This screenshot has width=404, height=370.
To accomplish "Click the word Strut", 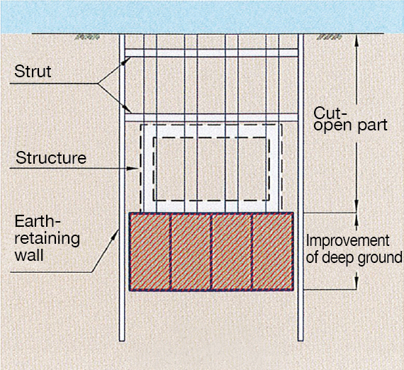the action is [33, 71].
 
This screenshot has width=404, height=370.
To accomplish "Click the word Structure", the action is [51, 157].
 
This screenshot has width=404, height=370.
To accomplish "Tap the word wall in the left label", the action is [29, 255].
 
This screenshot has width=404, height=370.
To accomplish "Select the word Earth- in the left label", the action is [38, 221].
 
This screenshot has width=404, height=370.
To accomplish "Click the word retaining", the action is [47, 239].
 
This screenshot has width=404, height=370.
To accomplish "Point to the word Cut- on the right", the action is [330, 113].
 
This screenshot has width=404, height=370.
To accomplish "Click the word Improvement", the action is [347, 241].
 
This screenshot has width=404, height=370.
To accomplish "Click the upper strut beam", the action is [211, 53].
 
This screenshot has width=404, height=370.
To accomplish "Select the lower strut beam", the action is [211, 118].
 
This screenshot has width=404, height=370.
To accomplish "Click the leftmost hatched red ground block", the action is [150, 252].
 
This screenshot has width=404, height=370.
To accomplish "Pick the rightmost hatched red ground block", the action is [273, 252].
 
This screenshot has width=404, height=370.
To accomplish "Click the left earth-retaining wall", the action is [122, 187].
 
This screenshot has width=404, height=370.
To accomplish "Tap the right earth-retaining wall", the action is [301, 187].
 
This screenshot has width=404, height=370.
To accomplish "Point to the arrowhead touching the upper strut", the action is [128, 60].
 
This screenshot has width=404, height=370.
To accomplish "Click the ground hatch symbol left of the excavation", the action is [87, 37].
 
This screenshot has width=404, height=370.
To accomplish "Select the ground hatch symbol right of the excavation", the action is [330, 37].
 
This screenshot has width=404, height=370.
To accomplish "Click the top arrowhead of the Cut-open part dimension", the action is [357, 40].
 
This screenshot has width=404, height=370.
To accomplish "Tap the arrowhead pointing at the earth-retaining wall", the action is [116, 234].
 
